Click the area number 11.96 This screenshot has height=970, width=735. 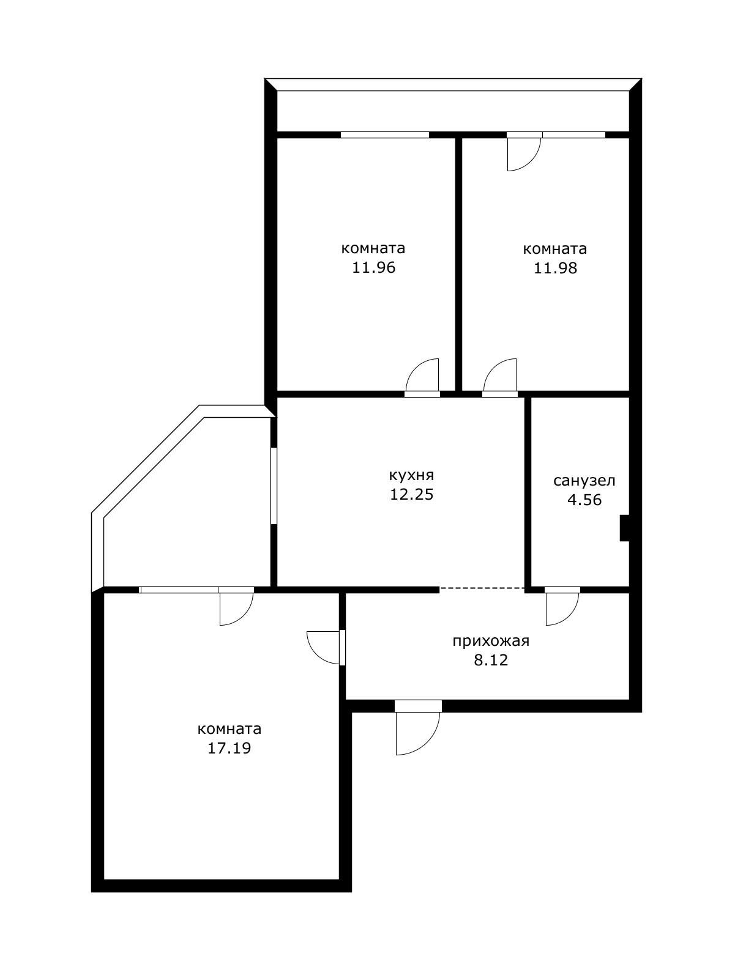(373, 268)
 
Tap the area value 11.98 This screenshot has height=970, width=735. (555, 268)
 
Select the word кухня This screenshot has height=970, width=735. (411, 475)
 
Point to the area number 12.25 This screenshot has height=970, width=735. (411, 494)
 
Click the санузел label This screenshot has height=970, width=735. (584, 481)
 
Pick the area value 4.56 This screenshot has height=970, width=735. (584, 500)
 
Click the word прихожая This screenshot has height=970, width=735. (490, 641)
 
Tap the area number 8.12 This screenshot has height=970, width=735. (490, 661)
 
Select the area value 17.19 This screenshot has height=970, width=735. (229, 748)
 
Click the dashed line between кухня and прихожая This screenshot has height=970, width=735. (482, 588)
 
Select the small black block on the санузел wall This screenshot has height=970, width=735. (624, 528)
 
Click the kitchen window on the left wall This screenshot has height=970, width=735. (274, 486)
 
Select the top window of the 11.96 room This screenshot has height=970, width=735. (384, 135)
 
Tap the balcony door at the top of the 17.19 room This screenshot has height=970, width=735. (235, 609)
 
